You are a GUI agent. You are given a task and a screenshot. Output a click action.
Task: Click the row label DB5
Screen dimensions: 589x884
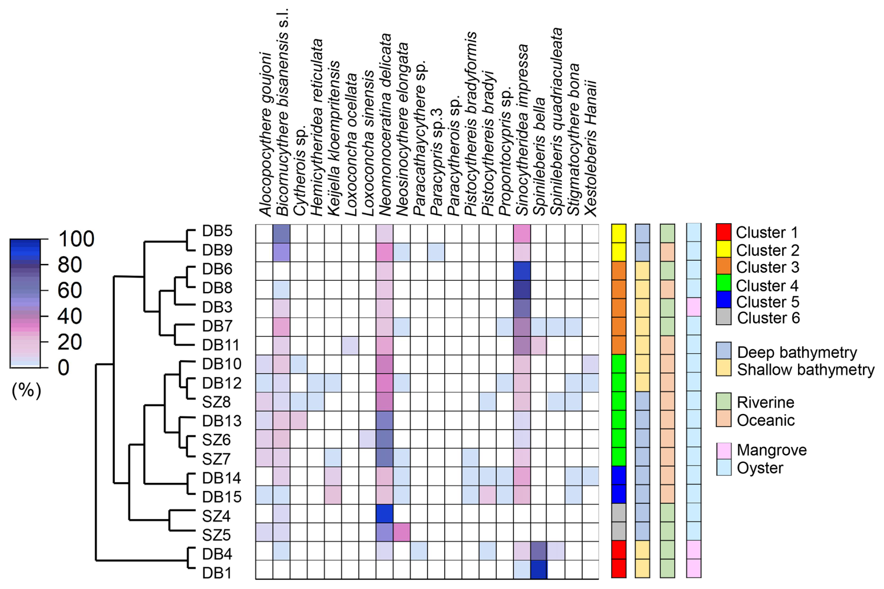217,231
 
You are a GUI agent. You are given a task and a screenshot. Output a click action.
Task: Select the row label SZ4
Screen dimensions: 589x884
216,516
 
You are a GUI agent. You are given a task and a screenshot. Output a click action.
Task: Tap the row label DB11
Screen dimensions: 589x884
221,345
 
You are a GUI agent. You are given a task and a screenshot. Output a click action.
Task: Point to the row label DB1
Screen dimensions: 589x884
217,573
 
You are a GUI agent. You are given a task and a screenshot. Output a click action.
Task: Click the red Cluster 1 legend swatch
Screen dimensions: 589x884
723,232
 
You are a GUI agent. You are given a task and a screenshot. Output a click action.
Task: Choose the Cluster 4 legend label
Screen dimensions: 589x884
767,285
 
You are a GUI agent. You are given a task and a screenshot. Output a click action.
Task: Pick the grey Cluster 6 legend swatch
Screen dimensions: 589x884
723,317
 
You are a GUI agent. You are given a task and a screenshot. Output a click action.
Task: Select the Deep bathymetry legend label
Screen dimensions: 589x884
797,352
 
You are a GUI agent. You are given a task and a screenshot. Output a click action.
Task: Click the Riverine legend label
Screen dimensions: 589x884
765,402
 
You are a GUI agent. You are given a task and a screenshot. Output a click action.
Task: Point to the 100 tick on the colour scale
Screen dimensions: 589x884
76,239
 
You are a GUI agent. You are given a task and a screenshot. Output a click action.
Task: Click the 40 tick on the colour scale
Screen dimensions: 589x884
70,316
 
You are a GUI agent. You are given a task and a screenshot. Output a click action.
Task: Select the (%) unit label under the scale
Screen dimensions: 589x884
27,390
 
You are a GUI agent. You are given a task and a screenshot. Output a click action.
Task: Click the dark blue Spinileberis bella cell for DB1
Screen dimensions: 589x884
539,569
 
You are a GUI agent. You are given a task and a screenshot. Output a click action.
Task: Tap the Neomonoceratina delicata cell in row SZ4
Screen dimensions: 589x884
384,513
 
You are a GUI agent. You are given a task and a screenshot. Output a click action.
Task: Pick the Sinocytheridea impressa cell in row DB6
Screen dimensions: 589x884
521,271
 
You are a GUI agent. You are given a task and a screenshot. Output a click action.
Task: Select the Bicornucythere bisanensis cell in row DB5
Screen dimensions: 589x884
281,234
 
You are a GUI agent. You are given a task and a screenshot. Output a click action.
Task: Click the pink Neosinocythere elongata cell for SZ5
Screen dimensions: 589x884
401,532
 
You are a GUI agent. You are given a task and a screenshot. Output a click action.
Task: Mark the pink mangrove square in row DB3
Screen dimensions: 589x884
693,307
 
